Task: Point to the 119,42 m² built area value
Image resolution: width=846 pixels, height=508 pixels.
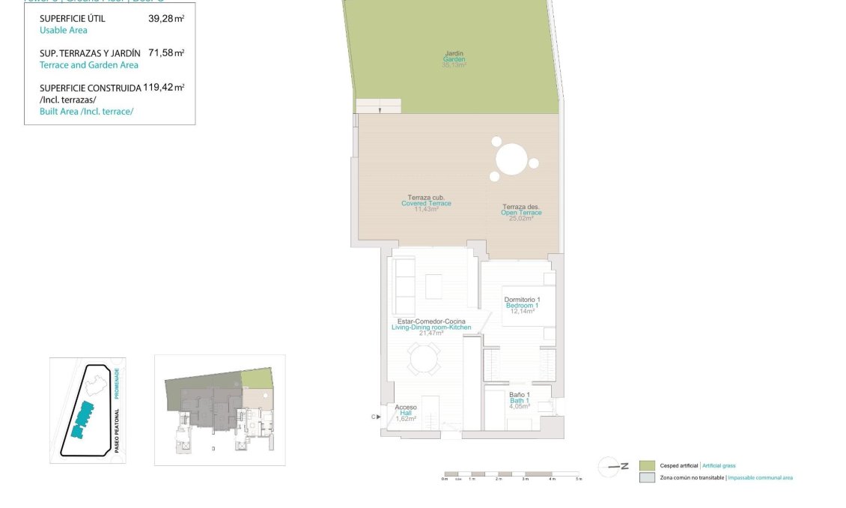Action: [164, 87]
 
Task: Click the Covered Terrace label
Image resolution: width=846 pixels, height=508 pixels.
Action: [426, 203]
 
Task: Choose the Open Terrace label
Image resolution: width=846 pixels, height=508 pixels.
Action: [521, 213]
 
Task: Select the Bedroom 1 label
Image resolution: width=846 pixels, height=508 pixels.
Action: [522, 306]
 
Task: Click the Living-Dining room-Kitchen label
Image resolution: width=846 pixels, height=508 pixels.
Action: [431, 327]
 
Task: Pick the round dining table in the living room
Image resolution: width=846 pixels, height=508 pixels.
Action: [424, 359]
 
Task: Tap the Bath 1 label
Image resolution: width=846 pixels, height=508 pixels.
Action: [520, 401]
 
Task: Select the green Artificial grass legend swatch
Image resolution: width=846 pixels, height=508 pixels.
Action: [647, 465]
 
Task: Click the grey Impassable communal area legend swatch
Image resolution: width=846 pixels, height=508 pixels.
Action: [647, 477]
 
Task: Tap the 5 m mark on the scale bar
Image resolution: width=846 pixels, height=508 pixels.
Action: [578, 478]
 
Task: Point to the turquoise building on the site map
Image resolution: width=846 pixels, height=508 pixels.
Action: [82, 420]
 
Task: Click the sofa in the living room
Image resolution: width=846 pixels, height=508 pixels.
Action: [405, 285]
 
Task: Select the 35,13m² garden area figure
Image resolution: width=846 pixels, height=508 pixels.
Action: [454, 65]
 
